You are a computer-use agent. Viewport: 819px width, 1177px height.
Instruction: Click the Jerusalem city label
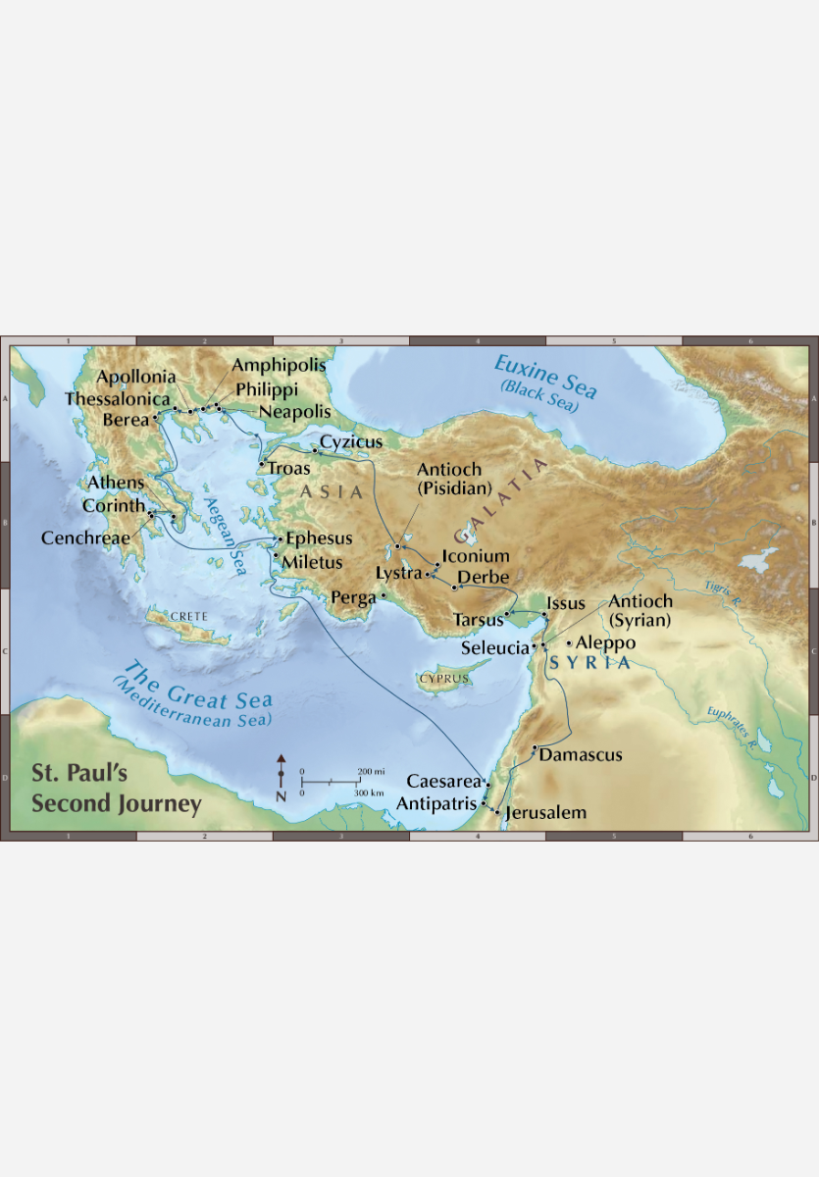[545, 812]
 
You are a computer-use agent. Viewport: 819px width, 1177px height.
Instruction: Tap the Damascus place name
[581, 755]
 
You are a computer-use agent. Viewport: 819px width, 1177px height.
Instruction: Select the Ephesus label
[319, 538]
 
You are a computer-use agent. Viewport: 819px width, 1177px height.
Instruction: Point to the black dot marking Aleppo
[570, 642]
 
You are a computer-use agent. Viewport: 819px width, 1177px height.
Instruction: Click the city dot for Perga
[384, 595]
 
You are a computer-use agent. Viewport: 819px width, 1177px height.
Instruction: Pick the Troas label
[288, 469]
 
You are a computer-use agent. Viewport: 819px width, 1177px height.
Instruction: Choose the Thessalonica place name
[119, 399]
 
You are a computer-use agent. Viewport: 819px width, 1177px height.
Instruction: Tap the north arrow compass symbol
[282, 778]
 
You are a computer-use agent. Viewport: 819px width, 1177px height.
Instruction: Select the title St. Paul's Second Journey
[115, 789]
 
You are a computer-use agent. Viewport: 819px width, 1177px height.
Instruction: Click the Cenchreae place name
[85, 538]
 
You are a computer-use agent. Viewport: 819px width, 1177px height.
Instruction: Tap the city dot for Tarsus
[507, 616]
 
